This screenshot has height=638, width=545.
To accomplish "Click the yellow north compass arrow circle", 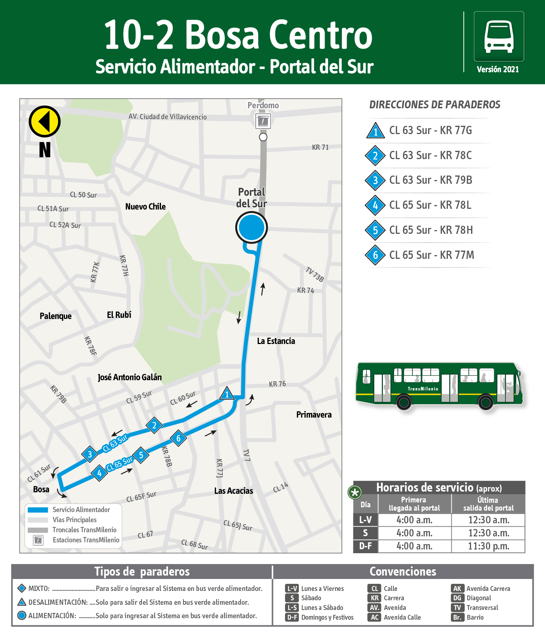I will tap(44, 121).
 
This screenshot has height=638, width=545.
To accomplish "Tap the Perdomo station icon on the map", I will tap(263, 121).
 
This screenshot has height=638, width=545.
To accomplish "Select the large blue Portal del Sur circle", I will tap(251, 227).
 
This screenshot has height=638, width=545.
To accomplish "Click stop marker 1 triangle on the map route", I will tap(227, 394).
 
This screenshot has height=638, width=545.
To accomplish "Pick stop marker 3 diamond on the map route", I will tap(90, 454).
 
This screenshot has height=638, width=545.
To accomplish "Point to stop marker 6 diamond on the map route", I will tap(179, 438).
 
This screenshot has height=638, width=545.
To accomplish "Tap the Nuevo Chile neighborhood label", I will tap(145, 207).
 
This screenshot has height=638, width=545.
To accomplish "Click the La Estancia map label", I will tap(276, 341).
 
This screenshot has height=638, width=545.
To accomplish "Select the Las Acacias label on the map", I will tap(233, 491).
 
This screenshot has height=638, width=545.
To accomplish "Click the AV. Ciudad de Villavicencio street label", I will tap(167, 117).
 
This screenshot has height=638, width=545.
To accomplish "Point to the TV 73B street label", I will tap(315, 274).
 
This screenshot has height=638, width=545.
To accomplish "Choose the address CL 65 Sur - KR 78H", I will tap(431, 230).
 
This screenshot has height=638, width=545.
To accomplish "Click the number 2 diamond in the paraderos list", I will tap(375, 155).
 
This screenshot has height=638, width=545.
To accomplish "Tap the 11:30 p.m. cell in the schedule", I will tap(488, 546).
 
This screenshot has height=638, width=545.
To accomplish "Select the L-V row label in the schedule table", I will tap(365, 520).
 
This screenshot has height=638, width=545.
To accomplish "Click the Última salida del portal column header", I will tap(488, 504).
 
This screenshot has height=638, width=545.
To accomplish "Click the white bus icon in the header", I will tap(499, 36).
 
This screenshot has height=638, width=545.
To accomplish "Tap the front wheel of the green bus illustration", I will tap(486, 402).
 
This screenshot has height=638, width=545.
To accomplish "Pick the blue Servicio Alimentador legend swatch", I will tap(38, 510).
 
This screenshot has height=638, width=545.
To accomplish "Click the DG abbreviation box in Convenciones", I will tap(457, 598).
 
